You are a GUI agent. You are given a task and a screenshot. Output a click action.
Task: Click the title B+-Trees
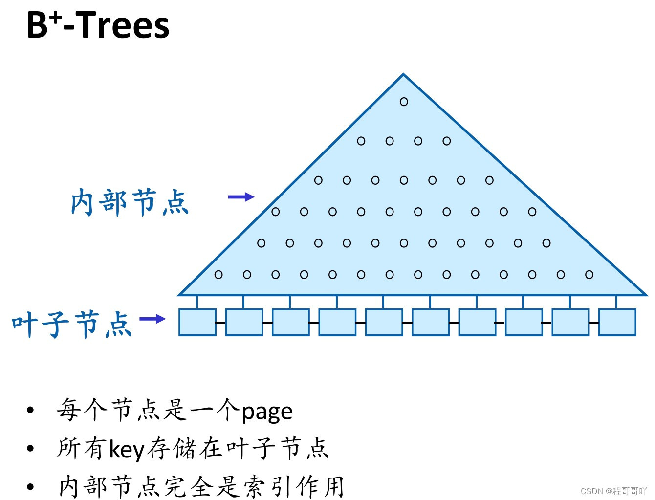[x=98, y=25]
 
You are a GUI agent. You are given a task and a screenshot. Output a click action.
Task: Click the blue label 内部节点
[x=130, y=202]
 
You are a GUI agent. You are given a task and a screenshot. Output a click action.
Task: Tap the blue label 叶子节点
[x=72, y=324]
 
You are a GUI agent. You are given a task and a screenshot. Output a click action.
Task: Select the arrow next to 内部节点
[x=241, y=197]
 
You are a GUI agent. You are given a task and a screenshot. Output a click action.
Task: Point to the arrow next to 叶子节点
[x=153, y=319]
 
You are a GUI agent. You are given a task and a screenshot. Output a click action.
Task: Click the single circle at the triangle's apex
[x=404, y=102]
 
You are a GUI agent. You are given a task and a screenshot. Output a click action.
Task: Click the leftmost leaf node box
[x=197, y=322]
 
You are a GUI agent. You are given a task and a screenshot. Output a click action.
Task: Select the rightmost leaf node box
[x=617, y=322]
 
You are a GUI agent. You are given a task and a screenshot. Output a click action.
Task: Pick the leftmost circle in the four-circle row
[x=361, y=141]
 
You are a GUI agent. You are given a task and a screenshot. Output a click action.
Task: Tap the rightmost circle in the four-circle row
[x=447, y=141]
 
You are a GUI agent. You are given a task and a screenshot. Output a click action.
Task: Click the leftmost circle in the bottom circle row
[x=218, y=275]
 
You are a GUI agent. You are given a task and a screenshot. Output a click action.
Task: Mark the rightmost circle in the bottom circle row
[x=589, y=275]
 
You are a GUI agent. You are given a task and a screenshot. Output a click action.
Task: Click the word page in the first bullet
[x=267, y=412]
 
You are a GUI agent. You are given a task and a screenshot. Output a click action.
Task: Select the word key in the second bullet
[x=127, y=449]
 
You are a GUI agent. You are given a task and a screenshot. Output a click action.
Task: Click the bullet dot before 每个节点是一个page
[x=30, y=410]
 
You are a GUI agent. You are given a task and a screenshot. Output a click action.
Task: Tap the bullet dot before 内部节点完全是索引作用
[x=30, y=486]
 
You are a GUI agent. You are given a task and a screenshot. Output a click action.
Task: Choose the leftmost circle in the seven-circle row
[x=318, y=180]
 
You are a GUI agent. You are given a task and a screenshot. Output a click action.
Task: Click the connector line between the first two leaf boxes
[x=220, y=323]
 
